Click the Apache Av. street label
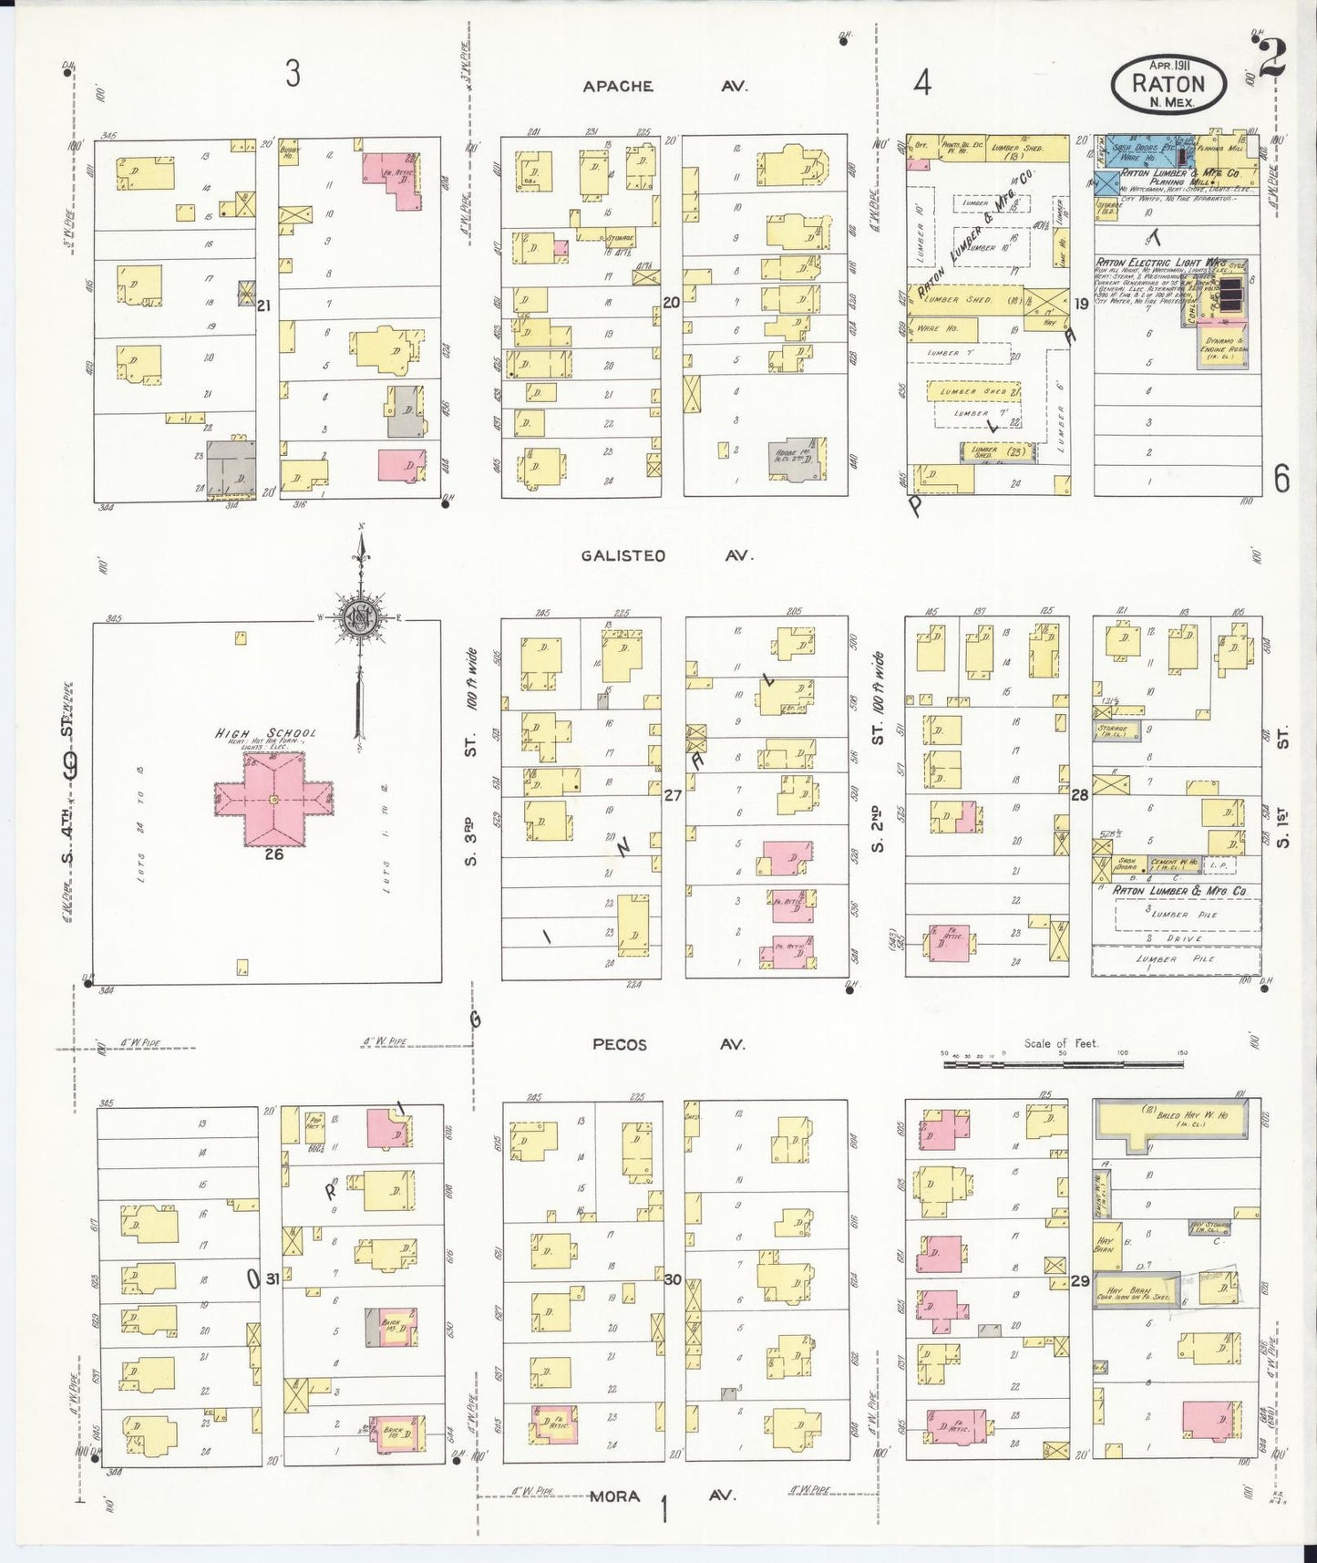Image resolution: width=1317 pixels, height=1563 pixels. point(665,87)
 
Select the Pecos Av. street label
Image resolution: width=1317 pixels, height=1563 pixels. point(668,1044)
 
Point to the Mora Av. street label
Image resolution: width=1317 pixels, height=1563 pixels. point(665,1496)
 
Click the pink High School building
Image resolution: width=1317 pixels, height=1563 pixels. point(273,800)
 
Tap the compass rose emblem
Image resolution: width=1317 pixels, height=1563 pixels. point(361,617)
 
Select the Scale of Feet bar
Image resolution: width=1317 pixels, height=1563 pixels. point(1063,1063)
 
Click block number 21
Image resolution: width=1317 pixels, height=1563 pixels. point(263,305)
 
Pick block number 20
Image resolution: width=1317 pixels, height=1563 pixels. point(672,303)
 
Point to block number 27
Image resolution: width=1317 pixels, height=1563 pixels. point(673,795)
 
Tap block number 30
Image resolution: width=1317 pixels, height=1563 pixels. point(673,1279)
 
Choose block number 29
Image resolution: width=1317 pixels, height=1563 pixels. point(1080,1281)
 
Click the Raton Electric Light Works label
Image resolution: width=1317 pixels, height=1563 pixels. point(1160,263)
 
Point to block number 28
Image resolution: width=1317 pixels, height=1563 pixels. point(1080,795)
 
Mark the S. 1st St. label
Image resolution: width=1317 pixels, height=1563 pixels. point(1283,789)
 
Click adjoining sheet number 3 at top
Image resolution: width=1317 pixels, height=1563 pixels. point(292,74)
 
